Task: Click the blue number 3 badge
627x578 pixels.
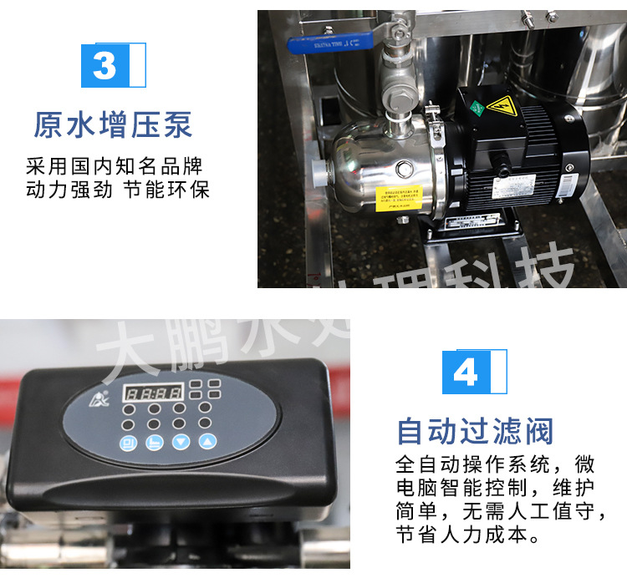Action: tap(106, 65)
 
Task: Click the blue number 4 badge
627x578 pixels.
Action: tap(466, 372)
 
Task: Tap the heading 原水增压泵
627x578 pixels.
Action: tap(113, 124)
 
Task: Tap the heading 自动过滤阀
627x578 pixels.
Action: tap(475, 432)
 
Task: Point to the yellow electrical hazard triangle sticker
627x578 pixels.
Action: tap(501, 107)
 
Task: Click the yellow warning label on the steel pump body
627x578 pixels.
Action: tap(398, 199)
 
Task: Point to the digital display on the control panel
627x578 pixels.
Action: tap(153, 392)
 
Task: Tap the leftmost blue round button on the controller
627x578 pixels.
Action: tap(130, 442)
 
